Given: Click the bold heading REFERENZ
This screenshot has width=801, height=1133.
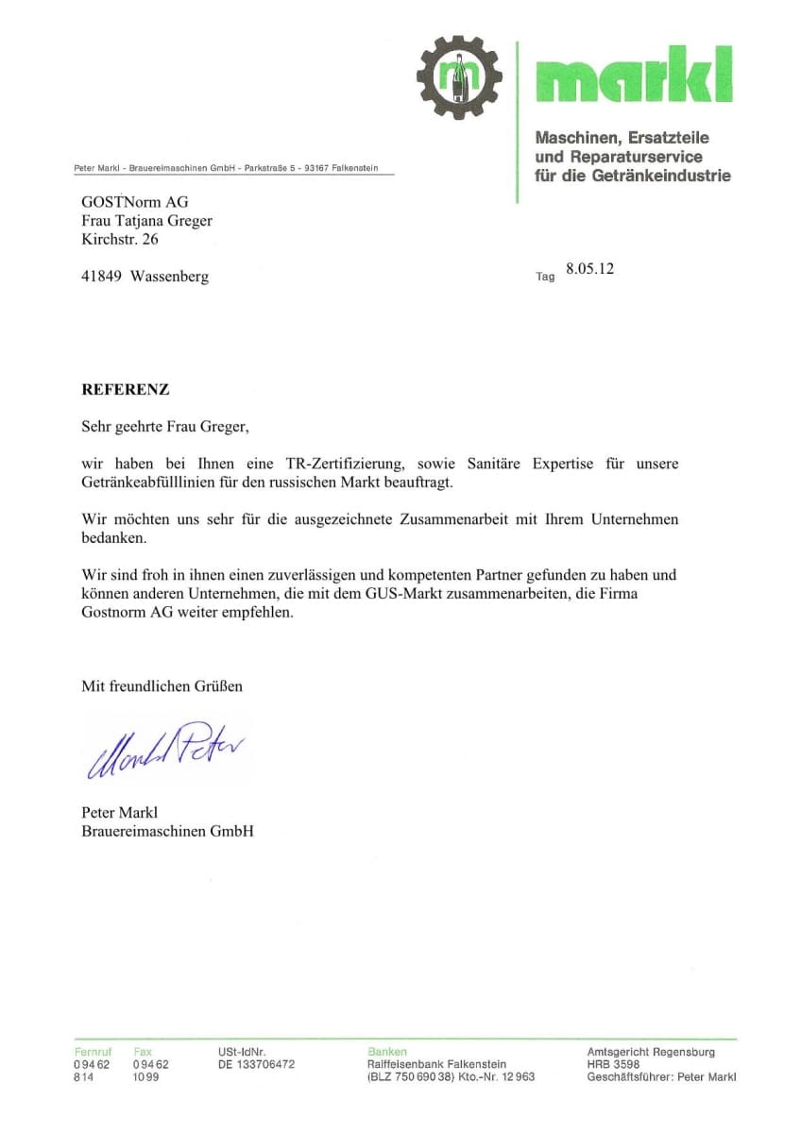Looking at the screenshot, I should point(126,389).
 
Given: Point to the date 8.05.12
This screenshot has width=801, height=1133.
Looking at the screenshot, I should point(589,269).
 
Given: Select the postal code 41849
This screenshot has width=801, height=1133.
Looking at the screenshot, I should point(102,277).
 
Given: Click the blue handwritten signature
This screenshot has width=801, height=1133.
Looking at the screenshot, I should point(166,749).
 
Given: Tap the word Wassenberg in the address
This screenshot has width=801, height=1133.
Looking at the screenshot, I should point(170,277).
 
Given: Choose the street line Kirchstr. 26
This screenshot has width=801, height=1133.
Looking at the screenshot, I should point(120,240).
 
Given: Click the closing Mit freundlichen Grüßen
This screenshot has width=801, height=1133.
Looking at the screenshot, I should point(162,686).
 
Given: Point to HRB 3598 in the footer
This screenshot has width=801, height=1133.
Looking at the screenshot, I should point(613,1064).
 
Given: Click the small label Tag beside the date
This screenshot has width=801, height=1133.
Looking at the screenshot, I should point(545,277).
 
